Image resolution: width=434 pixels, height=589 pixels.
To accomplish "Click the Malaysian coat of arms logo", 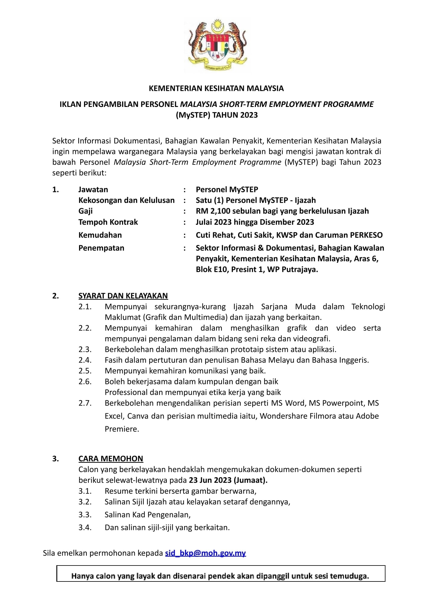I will tap(217, 45).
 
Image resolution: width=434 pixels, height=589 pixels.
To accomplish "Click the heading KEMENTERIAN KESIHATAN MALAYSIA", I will tap(216, 88).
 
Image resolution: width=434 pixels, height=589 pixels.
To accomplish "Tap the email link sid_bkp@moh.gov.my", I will tap(206, 553).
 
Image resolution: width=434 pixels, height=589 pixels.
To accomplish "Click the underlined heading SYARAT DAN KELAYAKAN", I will tap(123, 296).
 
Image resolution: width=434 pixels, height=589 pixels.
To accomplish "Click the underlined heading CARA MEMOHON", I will tap(111, 459).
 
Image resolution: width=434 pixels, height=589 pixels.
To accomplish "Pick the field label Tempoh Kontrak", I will tap(108, 222).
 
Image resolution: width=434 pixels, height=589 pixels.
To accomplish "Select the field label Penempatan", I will tap(101, 248).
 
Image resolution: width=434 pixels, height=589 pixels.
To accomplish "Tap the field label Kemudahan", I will tap(100, 235).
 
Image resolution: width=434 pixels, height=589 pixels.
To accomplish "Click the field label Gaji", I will tap(86, 211).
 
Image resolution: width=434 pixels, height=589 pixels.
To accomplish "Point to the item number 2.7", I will tap(85, 403).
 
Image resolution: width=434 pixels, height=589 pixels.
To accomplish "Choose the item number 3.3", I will tap(85, 515).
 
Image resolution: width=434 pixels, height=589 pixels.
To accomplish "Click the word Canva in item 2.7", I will tap(138, 416).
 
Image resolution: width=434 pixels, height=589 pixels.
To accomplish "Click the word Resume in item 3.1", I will tap(118, 491).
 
